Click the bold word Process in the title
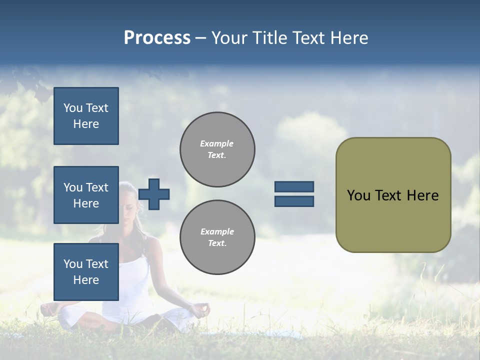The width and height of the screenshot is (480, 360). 157,38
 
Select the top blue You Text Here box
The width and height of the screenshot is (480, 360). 86,116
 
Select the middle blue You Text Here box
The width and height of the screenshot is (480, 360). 86,195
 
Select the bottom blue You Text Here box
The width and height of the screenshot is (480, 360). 86,272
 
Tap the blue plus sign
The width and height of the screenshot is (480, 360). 154,194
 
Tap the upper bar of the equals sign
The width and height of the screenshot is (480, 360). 294,186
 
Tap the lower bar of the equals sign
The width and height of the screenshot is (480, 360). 294,201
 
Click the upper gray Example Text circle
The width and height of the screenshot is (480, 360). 217,149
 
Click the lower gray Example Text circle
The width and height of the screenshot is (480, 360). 217,237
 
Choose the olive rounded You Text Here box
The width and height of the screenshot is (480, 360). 393,195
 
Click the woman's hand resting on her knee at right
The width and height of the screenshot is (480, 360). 201,310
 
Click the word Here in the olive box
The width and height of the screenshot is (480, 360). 422,195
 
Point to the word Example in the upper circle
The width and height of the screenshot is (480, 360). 216,144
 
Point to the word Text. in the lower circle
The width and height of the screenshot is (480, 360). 216,243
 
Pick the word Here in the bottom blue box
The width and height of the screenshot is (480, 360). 86,280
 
